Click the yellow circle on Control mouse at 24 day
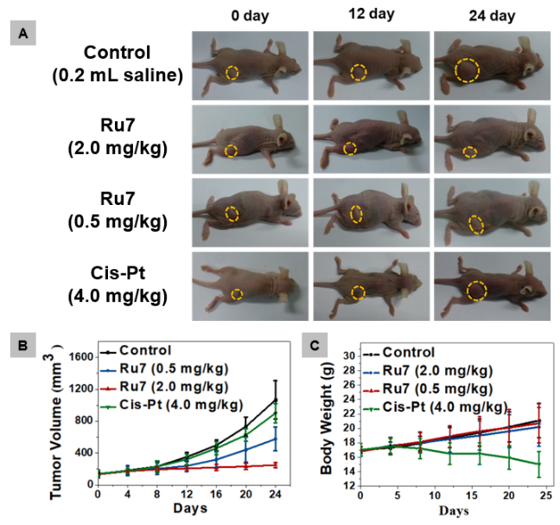tap(468, 70)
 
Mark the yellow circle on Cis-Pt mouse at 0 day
tap(236, 294)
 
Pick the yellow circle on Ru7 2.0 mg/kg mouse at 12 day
tap(350, 149)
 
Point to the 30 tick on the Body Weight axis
tap(348, 355)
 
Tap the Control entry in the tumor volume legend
tap(147, 351)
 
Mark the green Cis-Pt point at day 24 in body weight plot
tap(539, 464)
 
